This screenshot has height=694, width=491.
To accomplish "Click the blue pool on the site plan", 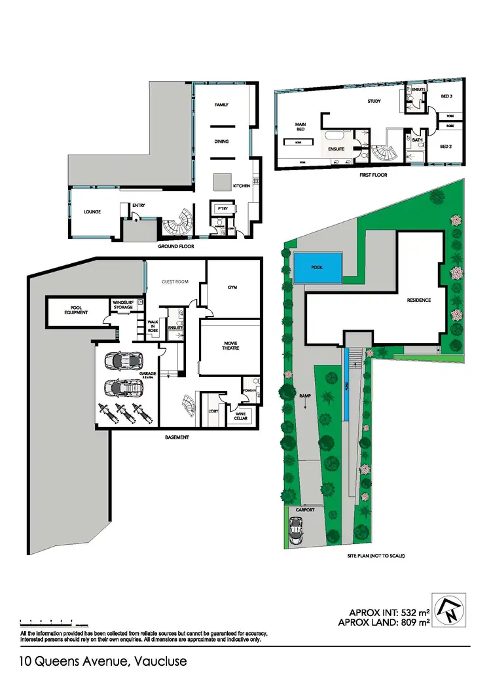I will tap(318, 268).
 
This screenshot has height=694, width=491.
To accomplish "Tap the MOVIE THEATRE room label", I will tap(230, 345).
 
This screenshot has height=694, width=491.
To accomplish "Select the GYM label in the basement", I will tap(232, 287).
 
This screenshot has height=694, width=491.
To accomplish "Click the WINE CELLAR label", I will tap(237, 414).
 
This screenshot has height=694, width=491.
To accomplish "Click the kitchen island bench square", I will tap(220, 180).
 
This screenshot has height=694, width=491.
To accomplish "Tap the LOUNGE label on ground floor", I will tap(92, 211).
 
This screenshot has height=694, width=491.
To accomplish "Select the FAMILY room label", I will tap(221, 105).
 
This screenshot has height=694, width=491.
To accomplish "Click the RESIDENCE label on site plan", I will tap(418, 300).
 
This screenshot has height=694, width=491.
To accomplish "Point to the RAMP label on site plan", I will tap(304, 396).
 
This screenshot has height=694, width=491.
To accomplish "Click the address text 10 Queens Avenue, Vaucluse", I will tap(103, 661).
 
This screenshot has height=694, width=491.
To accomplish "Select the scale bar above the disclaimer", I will tap(48, 621).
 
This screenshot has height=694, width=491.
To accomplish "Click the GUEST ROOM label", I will tap(175, 282).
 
